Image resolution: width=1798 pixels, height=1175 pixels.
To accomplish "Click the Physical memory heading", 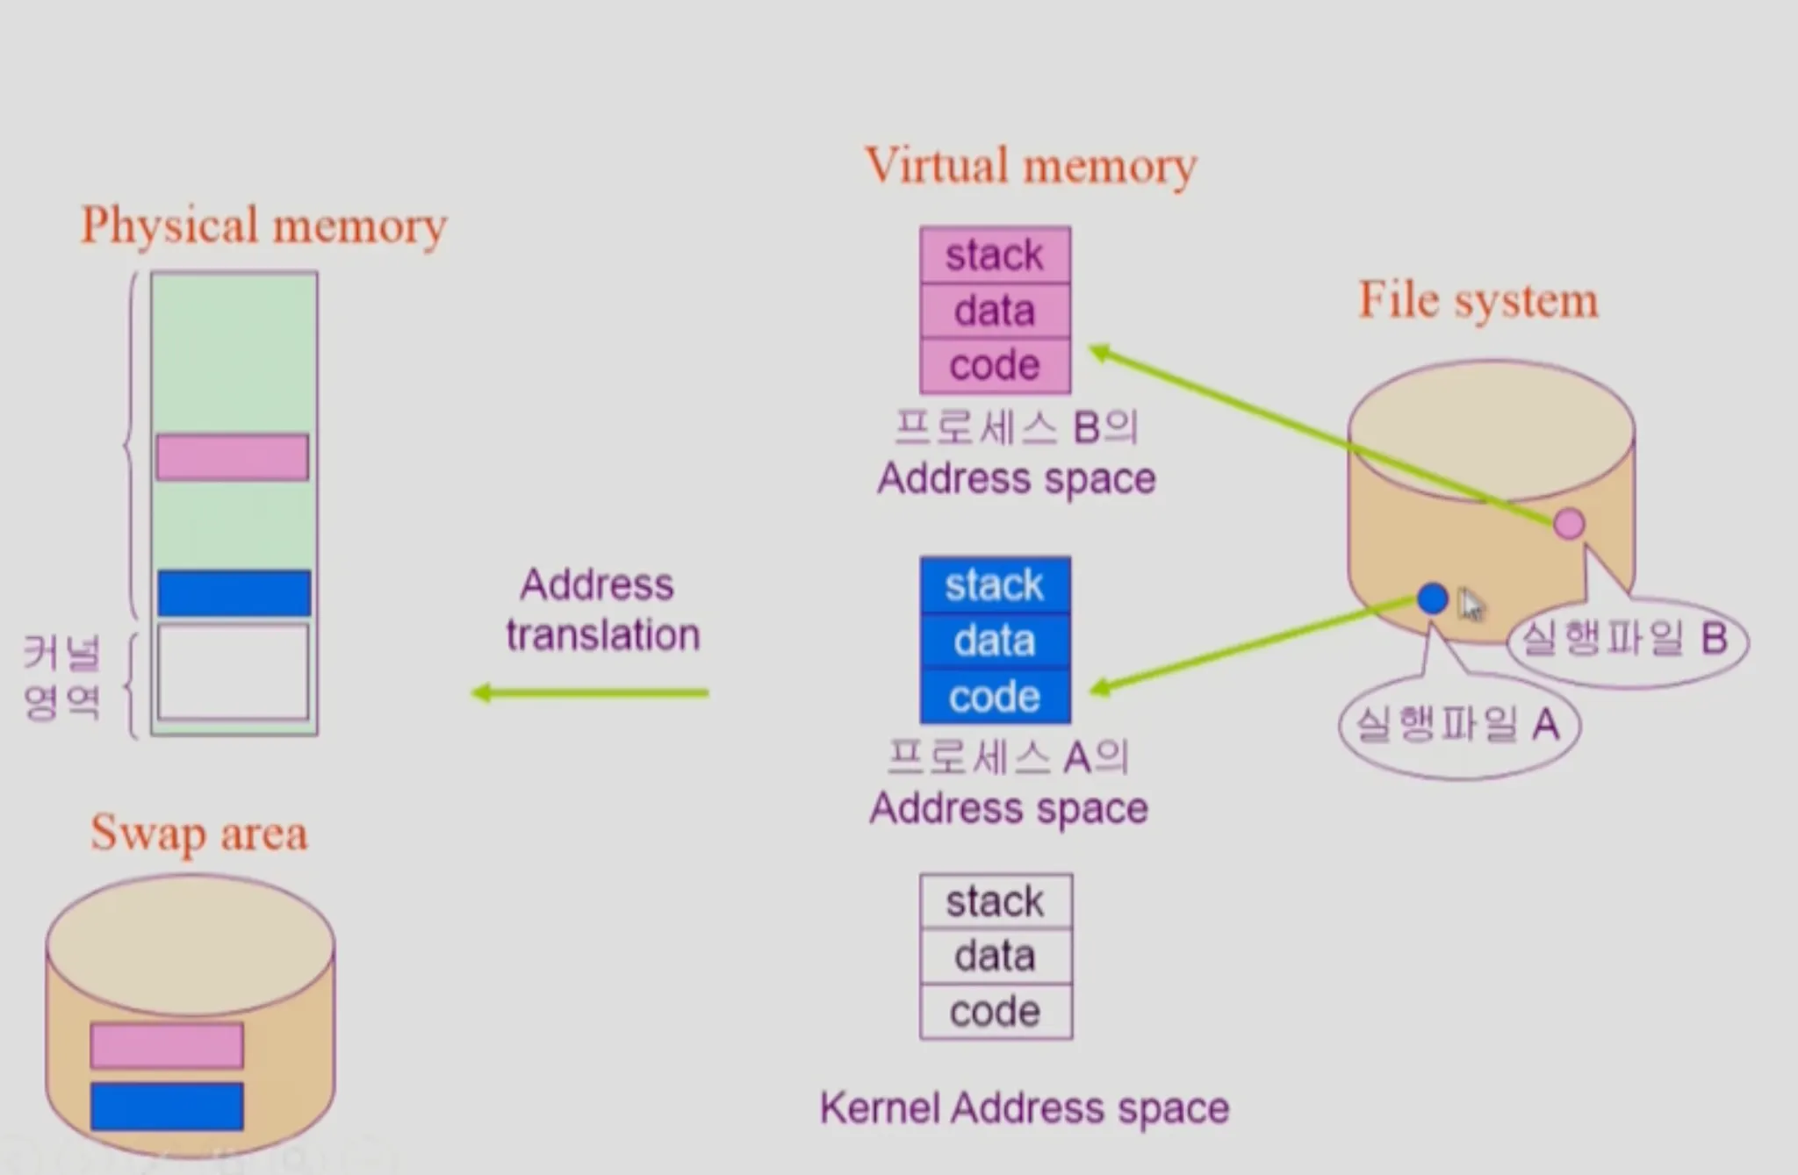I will (x=263, y=226).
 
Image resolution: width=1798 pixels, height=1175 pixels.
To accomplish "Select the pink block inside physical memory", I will (x=233, y=457).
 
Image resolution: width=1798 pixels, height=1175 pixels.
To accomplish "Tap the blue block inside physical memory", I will (x=234, y=593).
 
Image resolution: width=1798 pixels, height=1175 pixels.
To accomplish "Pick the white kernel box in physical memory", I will (x=234, y=672).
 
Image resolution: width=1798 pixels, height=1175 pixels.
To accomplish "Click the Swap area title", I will (x=199, y=834).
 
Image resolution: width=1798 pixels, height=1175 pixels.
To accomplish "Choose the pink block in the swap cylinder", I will (x=167, y=1045).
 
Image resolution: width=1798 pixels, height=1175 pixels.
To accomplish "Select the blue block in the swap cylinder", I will (x=167, y=1107).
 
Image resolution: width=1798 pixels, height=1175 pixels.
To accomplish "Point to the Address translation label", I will (x=601, y=610).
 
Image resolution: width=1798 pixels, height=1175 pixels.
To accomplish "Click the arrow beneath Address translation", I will (x=590, y=693).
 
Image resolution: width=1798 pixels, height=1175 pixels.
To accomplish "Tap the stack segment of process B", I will (x=995, y=255).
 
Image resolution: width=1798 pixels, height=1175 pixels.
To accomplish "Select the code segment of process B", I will (x=995, y=365).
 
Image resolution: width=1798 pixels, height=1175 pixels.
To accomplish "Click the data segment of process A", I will (x=995, y=641).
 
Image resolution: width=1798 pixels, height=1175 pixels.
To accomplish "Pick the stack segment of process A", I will (x=995, y=585).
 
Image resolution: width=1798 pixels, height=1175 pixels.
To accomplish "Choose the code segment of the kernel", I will (x=996, y=1012).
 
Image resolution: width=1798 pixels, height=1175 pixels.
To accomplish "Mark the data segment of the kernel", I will (x=996, y=956).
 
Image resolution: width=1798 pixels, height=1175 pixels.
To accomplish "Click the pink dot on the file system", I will (x=1569, y=524).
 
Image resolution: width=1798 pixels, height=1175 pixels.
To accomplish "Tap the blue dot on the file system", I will (x=1432, y=598).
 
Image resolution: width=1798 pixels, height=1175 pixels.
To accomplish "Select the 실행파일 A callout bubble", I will (x=1458, y=726).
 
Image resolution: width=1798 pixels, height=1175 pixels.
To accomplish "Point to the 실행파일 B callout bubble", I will (x=1626, y=639).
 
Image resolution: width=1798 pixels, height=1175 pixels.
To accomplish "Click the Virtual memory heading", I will (x=1031, y=166).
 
